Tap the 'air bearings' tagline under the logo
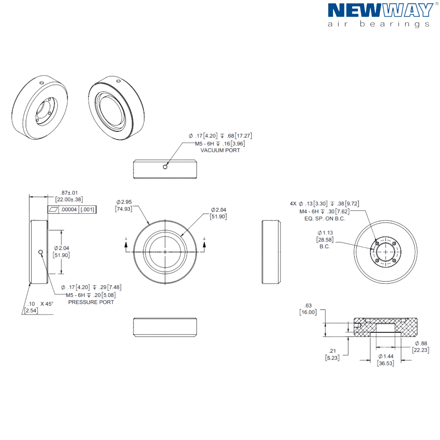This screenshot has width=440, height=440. pyautogui.click(x=378, y=24)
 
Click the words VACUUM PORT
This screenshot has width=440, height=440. pyautogui.click(x=220, y=150)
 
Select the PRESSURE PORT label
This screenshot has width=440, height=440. pyautogui.click(x=91, y=302)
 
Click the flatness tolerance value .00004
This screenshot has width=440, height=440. pyautogui.click(x=69, y=209)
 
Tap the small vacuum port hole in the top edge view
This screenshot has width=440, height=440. pyautogui.click(x=165, y=167)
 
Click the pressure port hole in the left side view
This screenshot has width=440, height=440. pyautogui.click(x=41, y=251)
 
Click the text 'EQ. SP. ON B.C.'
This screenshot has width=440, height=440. pyautogui.click(x=324, y=219)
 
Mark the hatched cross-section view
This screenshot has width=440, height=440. pyautogui.click(x=386, y=327)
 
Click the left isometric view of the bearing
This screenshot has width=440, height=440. pyautogui.click(x=40, y=108)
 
